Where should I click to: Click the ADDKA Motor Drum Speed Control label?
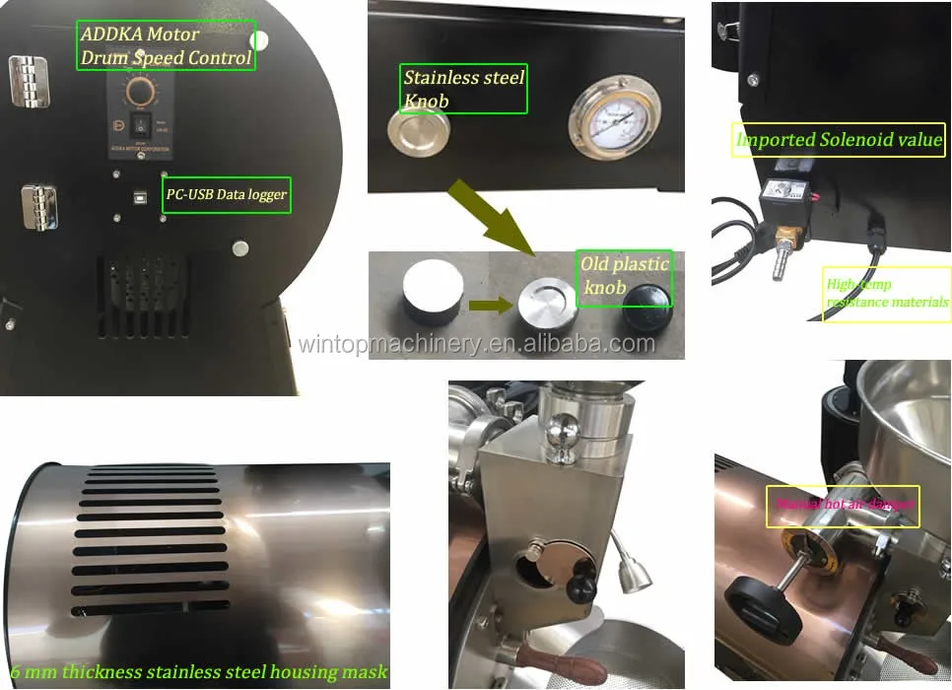pyautogui.click(x=165, y=46)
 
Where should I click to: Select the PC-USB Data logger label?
pyautogui.click(x=226, y=194)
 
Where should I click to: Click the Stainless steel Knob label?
pyautogui.click(x=462, y=89)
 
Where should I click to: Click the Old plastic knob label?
pyautogui.click(x=623, y=276)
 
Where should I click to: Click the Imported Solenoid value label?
pyautogui.click(x=839, y=139)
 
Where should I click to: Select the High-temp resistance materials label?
pyautogui.click(x=886, y=294)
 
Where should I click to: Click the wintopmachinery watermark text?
pyautogui.click(x=476, y=344)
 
